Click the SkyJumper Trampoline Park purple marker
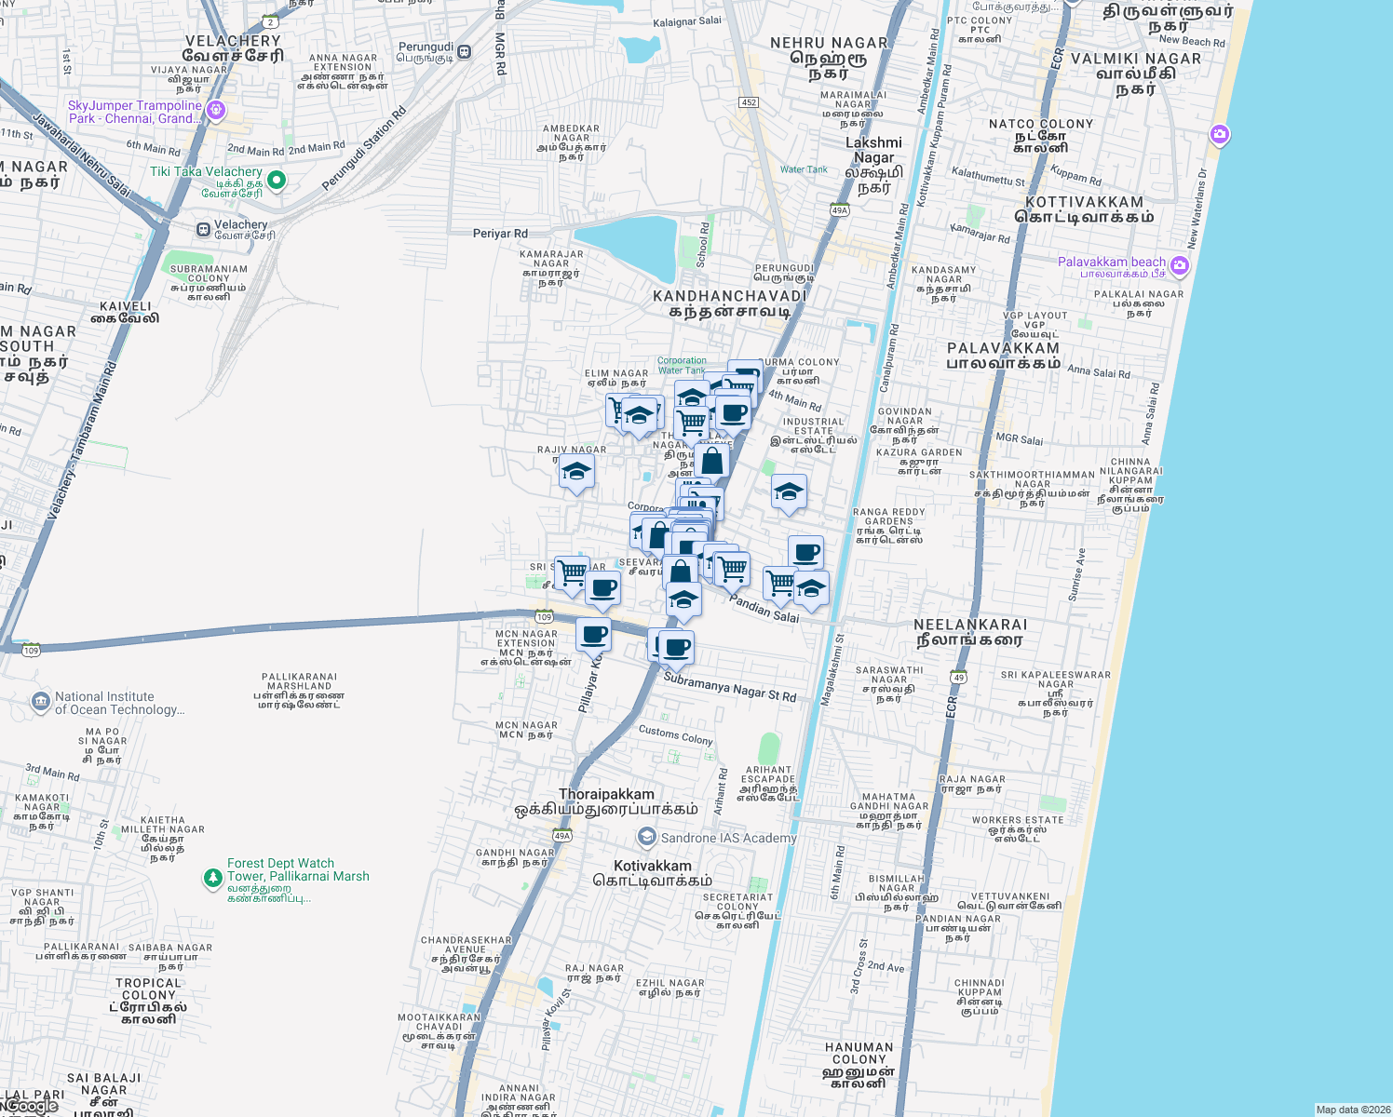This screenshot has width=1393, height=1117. (216, 111)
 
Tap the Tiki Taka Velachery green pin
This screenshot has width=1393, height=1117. (277, 180)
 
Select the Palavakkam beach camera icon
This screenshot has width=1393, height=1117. (1180, 266)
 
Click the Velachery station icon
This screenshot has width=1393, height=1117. (203, 229)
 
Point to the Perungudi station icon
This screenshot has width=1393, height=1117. (464, 52)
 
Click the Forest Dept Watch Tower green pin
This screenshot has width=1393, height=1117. (213, 877)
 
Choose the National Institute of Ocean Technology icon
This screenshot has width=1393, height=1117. (40, 702)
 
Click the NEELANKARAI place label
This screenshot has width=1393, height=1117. (970, 625)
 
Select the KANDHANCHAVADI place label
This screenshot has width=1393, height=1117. (729, 296)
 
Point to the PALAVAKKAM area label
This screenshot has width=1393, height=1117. (1003, 348)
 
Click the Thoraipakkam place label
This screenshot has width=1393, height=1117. (606, 794)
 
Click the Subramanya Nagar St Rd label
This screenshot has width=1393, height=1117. (729, 688)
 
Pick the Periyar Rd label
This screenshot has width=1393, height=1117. (500, 234)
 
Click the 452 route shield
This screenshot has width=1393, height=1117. (749, 102)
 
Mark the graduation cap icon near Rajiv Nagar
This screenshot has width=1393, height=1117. (576, 472)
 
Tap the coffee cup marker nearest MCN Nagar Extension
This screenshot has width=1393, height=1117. (593, 636)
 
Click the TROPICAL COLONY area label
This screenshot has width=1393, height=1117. (148, 989)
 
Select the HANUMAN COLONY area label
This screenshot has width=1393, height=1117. (859, 1053)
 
